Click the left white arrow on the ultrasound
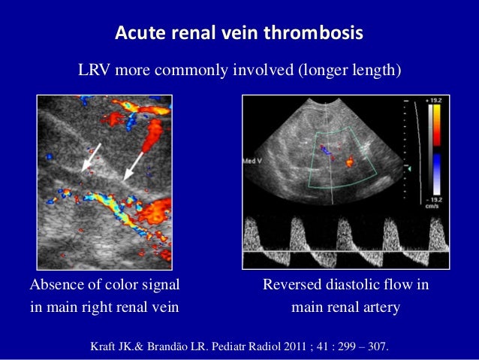[x=91, y=156]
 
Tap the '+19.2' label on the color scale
[x=436, y=98]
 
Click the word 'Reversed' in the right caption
[x=291, y=286]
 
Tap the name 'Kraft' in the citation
[x=105, y=347]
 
